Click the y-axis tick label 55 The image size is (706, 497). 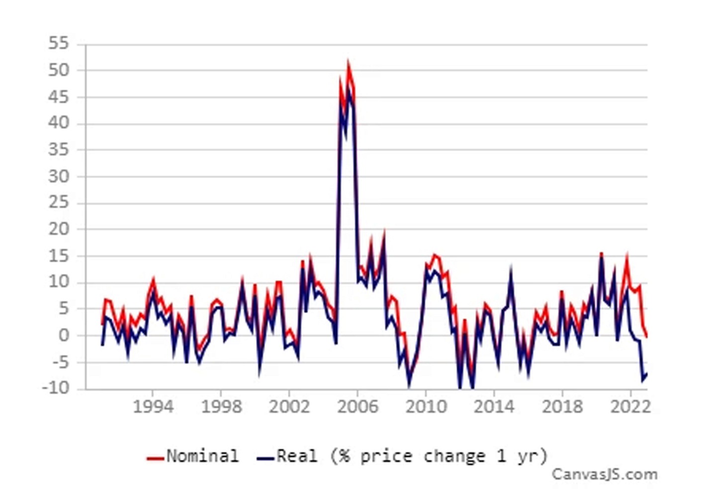tap(59, 44)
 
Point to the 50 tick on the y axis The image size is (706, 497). tap(59, 70)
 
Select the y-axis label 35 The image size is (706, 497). tap(59, 150)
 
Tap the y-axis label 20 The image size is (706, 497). tap(59, 229)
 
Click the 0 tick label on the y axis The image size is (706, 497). tap(64, 335)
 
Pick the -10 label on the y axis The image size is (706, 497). tap(56, 388)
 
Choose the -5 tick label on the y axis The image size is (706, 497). tap(59, 362)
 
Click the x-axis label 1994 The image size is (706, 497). tap(153, 407)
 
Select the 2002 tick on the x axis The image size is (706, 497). tap(289, 407)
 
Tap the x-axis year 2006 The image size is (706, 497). tap(357, 407)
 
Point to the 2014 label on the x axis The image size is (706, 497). tap(494, 407)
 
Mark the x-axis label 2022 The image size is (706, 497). tap(630, 407)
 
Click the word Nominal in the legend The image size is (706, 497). tap(202, 456)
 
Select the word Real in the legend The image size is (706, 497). tap(297, 456)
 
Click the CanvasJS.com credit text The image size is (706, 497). tap(605, 475)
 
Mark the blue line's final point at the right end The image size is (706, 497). tap(646, 374)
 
